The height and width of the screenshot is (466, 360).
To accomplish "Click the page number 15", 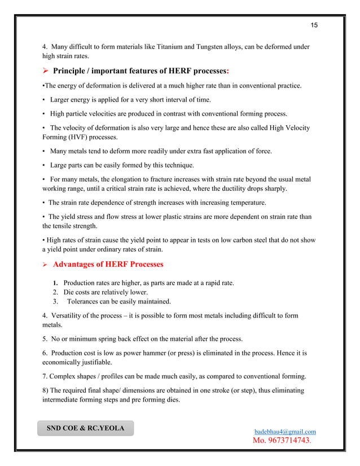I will (314, 25).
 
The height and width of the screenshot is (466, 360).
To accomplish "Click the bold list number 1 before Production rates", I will (55, 283).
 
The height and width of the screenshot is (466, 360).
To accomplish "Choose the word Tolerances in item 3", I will (86, 301).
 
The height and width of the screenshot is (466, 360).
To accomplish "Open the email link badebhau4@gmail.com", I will (285, 432).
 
